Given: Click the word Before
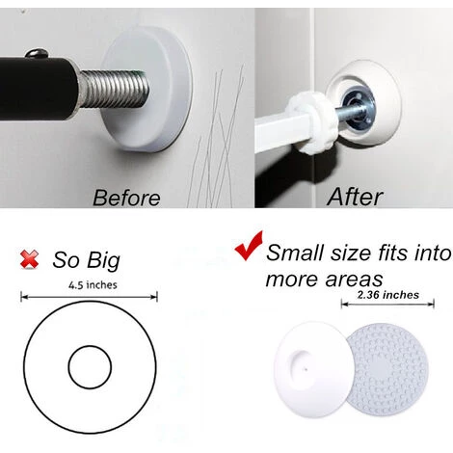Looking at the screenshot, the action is (x=126, y=198).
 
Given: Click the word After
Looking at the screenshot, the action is (x=355, y=197).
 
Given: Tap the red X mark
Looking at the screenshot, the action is (x=29, y=259).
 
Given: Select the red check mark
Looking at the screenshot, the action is (x=249, y=246).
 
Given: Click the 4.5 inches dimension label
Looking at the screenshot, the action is (x=93, y=285).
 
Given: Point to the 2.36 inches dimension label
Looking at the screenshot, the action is (x=388, y=295).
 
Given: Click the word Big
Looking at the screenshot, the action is (x=103, y=261).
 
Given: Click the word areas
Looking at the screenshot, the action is (x=354, y=280).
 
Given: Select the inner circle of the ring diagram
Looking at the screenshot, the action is (x=90, y=346).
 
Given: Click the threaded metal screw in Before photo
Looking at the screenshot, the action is (x=113, y=89).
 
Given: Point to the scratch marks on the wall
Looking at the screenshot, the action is (x=216, y=138).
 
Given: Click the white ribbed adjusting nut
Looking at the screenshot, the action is (x=308, y=123).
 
